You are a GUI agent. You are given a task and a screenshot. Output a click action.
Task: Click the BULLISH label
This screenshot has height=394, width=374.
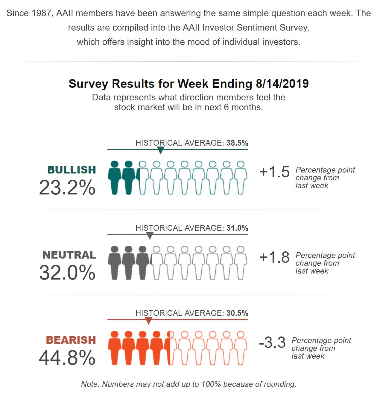[72, 170]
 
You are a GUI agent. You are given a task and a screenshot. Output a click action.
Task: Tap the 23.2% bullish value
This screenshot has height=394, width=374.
[67, 188]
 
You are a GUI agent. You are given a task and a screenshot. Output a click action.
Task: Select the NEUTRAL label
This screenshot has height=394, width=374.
[69, 255]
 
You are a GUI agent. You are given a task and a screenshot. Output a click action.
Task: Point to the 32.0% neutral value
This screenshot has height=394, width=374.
[67, 273]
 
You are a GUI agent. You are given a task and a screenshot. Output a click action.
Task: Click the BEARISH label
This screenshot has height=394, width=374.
[71, 340]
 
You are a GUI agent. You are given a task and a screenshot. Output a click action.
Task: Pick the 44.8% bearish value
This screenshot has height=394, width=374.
[67, 357]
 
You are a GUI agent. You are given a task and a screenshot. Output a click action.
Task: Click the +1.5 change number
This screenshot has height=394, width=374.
[274, 172]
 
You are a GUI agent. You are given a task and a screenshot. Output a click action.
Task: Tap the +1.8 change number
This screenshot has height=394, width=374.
[274, 257]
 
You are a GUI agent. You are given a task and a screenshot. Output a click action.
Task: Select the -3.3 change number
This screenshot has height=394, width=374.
[272, 342]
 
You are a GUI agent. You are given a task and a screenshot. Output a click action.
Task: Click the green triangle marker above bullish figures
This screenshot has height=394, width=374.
[161, 150]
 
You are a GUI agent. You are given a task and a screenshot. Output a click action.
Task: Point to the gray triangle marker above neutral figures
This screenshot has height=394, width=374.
[150, 236]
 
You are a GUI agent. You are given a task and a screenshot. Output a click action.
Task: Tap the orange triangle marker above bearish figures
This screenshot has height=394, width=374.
[148, 321]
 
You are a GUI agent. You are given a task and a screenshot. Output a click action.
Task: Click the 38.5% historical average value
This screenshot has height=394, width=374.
[237, 143]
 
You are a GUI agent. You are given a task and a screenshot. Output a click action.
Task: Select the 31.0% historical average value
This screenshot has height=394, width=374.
[237, 228]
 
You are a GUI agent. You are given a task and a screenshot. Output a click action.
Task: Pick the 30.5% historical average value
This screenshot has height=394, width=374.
[237, 313]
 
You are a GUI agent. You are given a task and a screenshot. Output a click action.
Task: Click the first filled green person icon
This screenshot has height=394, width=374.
[115, 178]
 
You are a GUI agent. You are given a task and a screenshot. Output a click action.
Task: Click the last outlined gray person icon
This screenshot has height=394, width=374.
[241, 263]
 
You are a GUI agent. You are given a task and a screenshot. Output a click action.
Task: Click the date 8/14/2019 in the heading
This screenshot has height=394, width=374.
[282, 84]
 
